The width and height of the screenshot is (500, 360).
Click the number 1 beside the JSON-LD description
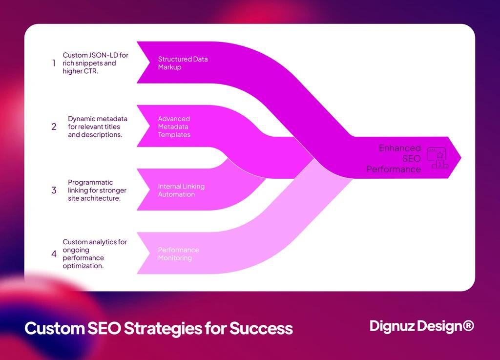pyautogui.click(x=54, y=63)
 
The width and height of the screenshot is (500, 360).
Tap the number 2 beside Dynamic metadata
pyautogui.click(x=54, y=127)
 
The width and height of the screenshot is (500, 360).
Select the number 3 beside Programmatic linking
pyautogui.click(x=54, y=190)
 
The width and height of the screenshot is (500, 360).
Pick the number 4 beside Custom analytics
pyautogui.click(x=54, y=254)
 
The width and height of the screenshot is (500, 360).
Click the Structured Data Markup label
pyautogui.click(x=183, y=63)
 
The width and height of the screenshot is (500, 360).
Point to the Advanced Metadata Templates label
pyautogui.click(x=174, y=127)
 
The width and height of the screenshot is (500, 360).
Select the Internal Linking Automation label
pyautogui.click(x=181, y=190)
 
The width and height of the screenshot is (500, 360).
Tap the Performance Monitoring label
pyautogui.click(x=178, y=254)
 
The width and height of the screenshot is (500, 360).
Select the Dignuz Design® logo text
pyautogui.click(x=421, y=326)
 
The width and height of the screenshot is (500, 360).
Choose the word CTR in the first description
pyautogui.click(x=90, y=71)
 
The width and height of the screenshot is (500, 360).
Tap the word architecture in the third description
pyautogui.click(x=101, y=198)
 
